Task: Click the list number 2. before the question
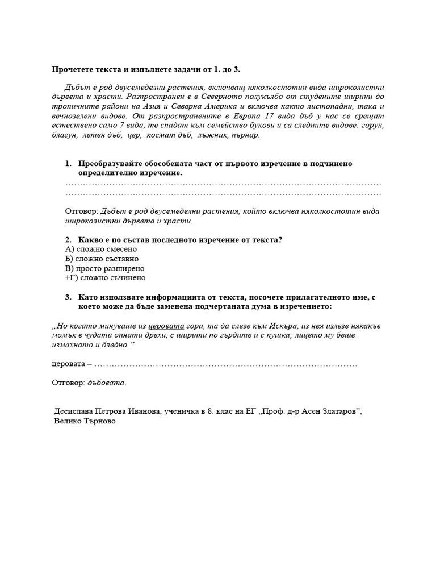pos(69,239)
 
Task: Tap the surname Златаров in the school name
pos(340,412)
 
